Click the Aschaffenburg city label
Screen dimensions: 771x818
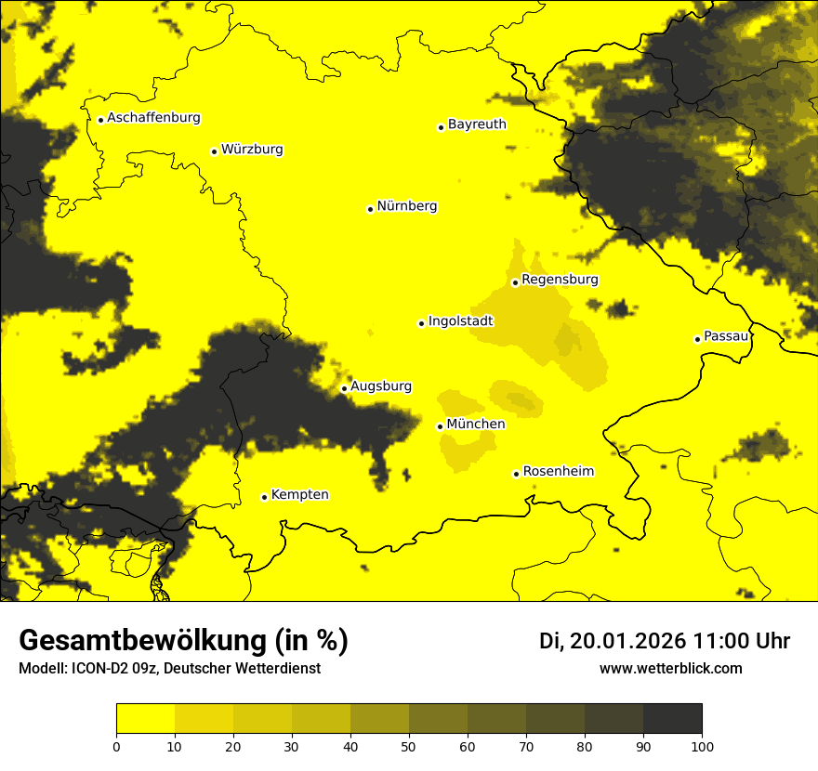(x=153, y=118)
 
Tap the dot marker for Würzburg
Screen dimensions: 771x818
(x=214, y=151)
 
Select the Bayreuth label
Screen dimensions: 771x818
(x=477, y=124)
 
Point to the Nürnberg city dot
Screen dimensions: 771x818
(x=370, y=209)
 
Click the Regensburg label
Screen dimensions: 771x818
(x=560, y=280)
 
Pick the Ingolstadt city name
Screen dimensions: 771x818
(x=460, y=321)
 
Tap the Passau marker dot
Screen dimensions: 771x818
(x=697, y=339)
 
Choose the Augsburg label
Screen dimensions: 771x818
(x=381, y=386)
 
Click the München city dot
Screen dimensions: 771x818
(x=440, y=426)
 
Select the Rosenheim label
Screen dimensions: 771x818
(x=558, y=472)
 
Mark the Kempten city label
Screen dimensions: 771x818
(x=299, y=495)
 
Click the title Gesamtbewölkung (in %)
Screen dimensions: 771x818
(x=183, y=640)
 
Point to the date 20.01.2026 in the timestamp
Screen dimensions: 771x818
(x=627, y=641)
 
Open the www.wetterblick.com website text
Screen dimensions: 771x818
(x=670, y=668)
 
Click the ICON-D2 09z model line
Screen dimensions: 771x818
(x=169, y=669)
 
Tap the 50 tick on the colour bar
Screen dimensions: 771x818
(x=409, y=745)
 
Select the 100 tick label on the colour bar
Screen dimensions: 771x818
(x=702, y=745)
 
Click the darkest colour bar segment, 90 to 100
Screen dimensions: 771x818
(x=672, y=719)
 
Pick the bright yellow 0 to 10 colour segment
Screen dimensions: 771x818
(x=145, y=719)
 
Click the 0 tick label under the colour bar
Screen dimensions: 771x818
(x=116, y=745)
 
